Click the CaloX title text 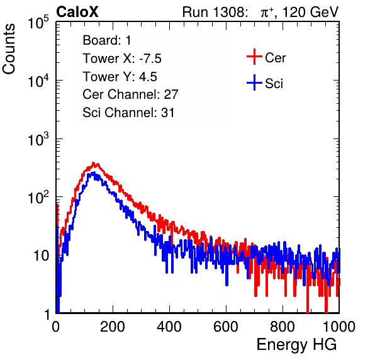(77, 12)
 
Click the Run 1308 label (215, 12)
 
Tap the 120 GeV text (311, 12)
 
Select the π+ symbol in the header (267, 13)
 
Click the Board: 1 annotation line (107, 40)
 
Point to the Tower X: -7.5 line (122, 59)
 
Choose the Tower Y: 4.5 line (120, 77)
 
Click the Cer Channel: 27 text (130, 94)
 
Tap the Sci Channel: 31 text (128, 113)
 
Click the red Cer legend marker (254, 57)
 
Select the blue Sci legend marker (254, 82)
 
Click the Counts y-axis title (9, 49)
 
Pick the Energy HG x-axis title (296, 345)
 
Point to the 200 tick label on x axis (113, 327)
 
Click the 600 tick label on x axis (226, 327)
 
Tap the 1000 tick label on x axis (339, 327)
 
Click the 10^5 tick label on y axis (38, 23)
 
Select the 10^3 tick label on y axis (38, 139)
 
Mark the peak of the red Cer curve (94, 163)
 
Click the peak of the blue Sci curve (94, 172)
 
